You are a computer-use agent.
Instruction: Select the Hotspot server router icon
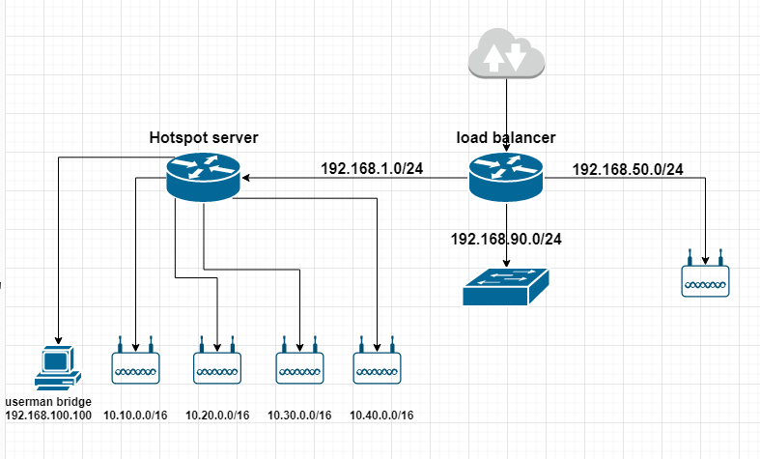(x=202, y=179)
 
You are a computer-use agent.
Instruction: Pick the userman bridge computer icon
(x=55, y=368)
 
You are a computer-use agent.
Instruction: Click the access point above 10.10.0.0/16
(x=136, y=364)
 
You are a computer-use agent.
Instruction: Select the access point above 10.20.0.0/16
(x=217, y=364)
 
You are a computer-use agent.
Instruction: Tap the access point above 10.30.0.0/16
(x=300, y=364)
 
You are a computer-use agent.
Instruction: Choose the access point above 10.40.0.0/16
(x=378, y=364)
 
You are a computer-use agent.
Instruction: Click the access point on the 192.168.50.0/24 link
(x=705, y=277)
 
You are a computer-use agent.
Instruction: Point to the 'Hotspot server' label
(x=204, y=138)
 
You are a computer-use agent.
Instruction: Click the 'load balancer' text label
(x=506, y=138)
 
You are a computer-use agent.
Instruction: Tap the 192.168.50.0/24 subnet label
(x=628, y=169)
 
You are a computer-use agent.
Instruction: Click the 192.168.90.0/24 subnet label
(x=506, y=238)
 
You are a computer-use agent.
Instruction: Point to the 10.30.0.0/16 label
(x=298, y=416)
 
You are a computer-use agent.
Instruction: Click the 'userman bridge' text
(x=47, y=401)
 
